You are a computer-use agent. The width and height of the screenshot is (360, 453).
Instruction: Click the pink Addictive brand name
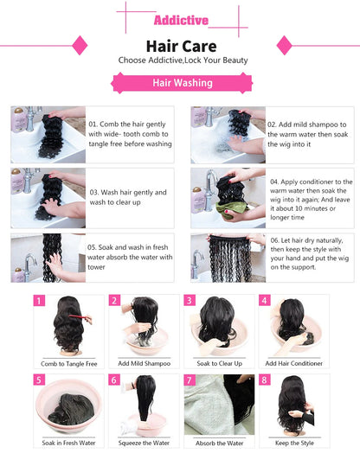click(179, 20)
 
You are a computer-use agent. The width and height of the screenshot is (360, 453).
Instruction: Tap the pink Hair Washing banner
click(179, 82)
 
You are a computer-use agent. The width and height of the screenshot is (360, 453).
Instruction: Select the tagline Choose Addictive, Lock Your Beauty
click(179, 60)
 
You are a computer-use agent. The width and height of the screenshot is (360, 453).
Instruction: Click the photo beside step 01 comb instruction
click(48, 134)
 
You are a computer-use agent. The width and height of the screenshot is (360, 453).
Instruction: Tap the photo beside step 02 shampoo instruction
click(224, 134)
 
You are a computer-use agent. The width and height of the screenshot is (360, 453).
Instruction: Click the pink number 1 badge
click(38, 301)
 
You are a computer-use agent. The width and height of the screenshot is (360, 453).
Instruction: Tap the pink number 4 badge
click(264, 301)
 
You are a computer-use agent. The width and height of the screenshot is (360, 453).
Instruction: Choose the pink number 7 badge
click(189, 380)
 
